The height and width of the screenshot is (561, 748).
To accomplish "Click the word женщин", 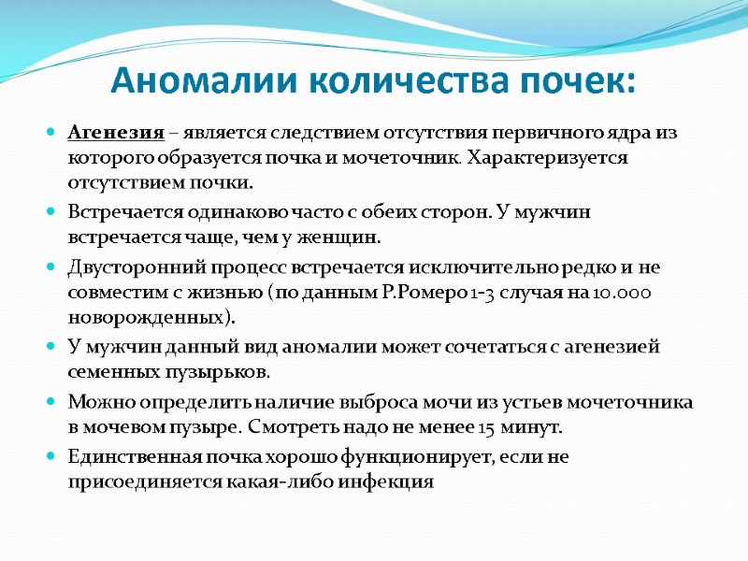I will click(347, 237).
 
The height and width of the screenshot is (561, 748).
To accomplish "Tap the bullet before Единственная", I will click(50, 459).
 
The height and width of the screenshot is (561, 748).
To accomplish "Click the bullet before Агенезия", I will click(50, 133).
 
